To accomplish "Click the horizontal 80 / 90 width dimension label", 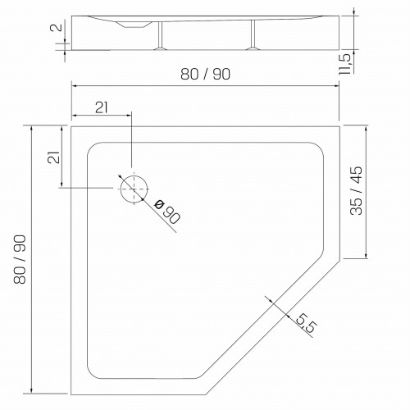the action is pos(205,74).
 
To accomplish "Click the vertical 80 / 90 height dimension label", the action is pos(20,259).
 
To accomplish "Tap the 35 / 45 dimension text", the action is pos(356,190).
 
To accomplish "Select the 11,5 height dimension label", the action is pos(344,64).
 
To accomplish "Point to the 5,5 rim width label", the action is pos(306,322).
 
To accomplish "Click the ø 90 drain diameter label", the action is pos(167,211).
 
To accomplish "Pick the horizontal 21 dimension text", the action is pos(102,107).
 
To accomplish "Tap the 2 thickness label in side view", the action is pos(57,27).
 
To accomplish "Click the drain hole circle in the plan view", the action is pos(134,175).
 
